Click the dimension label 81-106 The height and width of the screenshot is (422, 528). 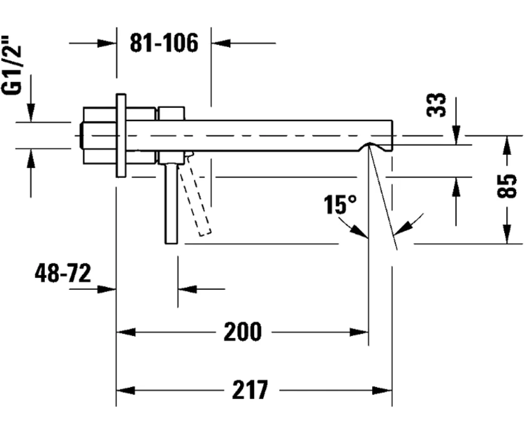(164, 43)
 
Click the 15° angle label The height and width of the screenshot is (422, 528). (339, 205)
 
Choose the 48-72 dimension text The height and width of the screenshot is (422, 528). (63, 273)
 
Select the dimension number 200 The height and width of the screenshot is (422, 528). (243, 332)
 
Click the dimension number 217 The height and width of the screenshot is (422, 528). (250, 390)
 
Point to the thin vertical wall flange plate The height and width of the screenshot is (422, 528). (121, 135)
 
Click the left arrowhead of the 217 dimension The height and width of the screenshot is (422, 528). (125, 390)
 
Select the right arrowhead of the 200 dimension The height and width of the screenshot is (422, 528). (359, 332)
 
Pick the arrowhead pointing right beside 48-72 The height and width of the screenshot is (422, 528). (106, 289)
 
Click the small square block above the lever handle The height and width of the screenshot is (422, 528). (171, 113)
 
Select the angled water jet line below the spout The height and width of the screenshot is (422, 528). (383, 196)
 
